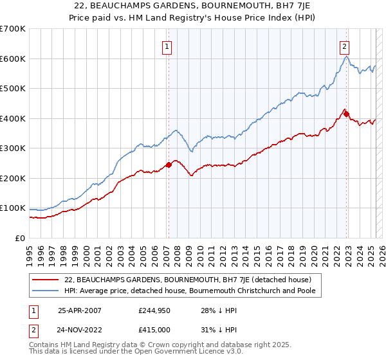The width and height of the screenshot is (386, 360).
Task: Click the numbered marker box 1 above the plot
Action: [x=167, y=46]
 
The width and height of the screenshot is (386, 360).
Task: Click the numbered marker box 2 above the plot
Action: [x=345, y=46]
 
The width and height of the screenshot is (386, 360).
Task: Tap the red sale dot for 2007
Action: [x=169, y=165]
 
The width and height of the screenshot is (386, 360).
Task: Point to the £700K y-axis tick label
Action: [x=12, y=29]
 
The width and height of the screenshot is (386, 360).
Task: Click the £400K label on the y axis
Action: [x=12, y=118]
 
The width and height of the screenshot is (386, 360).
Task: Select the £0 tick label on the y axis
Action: [x=21, y=238]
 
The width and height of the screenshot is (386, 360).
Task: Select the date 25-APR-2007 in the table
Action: [x=80, y=310]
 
